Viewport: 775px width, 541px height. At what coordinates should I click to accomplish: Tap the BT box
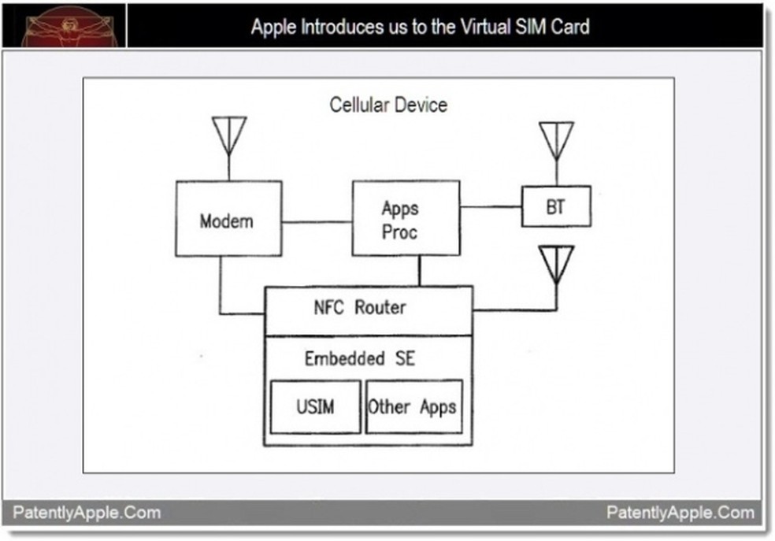[556, 206]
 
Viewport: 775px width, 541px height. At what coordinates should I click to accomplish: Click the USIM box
[315, 407]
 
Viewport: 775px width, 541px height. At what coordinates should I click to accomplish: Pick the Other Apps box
[413, 407]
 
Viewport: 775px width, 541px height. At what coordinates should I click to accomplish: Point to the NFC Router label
[359, 307]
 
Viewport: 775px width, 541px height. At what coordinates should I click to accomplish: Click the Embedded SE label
[359, 358]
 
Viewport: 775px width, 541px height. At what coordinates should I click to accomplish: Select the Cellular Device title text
[388, 105]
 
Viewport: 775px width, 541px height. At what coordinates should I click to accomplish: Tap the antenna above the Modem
[229, 137]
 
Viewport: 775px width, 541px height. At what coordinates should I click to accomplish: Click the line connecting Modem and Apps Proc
[317, 221]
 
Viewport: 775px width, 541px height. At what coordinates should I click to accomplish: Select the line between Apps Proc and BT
[491, 207]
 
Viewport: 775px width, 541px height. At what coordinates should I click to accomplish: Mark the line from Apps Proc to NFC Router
[419, 271]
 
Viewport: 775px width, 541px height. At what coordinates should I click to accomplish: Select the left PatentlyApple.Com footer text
[87, 513]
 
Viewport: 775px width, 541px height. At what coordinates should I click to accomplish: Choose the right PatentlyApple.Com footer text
[680, 513]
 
